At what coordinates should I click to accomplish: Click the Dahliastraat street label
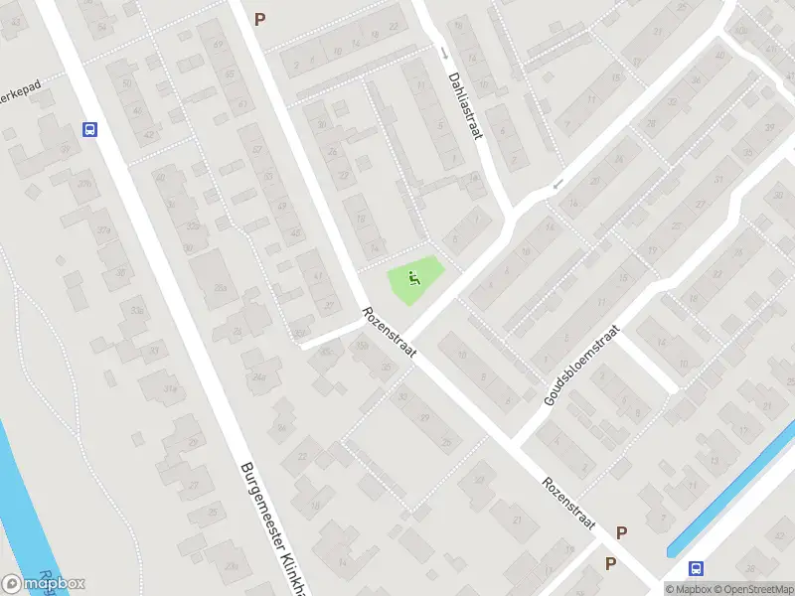pyautogui.click(x=464, y=104)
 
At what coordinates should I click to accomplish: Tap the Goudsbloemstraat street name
pyautogui.click(x=581, y=365)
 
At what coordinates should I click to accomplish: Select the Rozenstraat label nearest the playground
pyautogui.click(x=388, y=333)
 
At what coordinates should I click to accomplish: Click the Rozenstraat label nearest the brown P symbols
pyautogui.click(x=568, y=504)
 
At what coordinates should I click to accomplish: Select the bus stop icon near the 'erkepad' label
pyautogui.click(x=90, y=129)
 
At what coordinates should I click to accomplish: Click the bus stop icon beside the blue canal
pyautogui.click(x=697, y=568)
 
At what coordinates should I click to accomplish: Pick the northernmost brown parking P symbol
pyautogui.click(x=260, y=18)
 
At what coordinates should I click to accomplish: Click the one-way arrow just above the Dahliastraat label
pyautogui.click(x=444, y=54)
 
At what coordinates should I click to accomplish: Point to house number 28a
pyautogui.click(x=220, y=288)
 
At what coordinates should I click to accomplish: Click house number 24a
pyautogui.click(x=260, y=377)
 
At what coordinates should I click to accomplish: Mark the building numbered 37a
pyautogui.click(x=103, y=230)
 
